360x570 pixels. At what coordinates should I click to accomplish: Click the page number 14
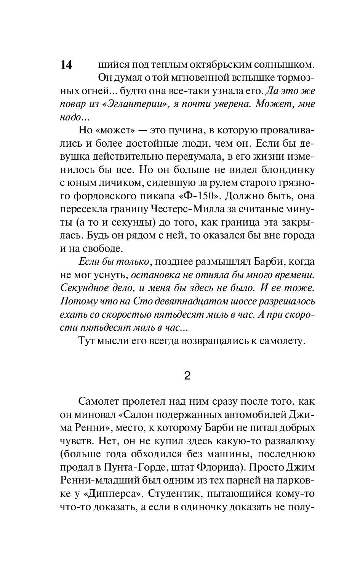(x=66, y=65)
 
